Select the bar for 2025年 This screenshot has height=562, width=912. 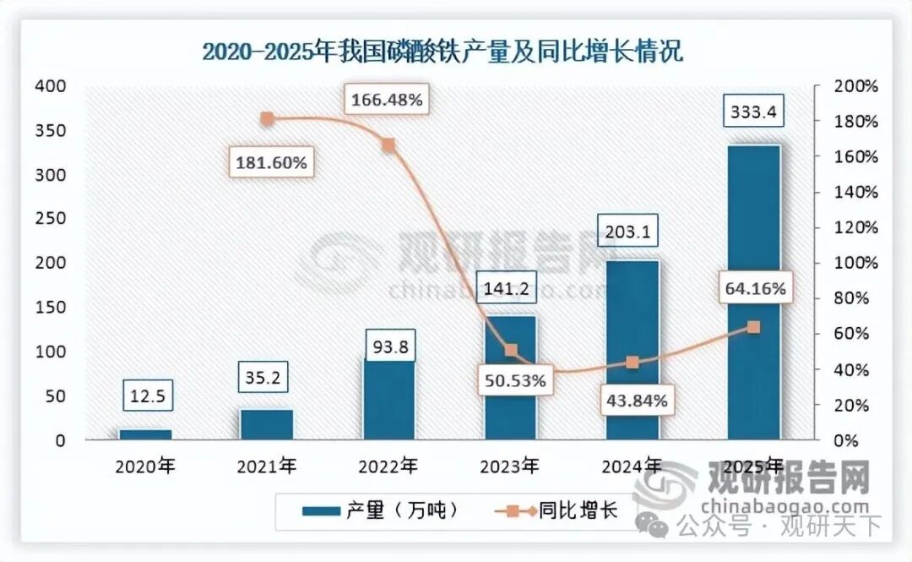point(753,292)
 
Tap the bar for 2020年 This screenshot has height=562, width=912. point(145,434)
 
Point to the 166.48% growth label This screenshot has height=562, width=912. point(386,101)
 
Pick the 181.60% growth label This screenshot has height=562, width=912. point(271,161)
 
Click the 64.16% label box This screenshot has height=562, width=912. point(754,289)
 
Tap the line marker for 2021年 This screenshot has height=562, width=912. point(267,119)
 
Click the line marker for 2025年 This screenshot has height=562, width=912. point(754,327)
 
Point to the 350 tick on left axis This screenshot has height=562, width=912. point(48,131)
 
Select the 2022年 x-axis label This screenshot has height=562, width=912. point(388,466)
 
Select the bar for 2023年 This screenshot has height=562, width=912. point(509,378)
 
